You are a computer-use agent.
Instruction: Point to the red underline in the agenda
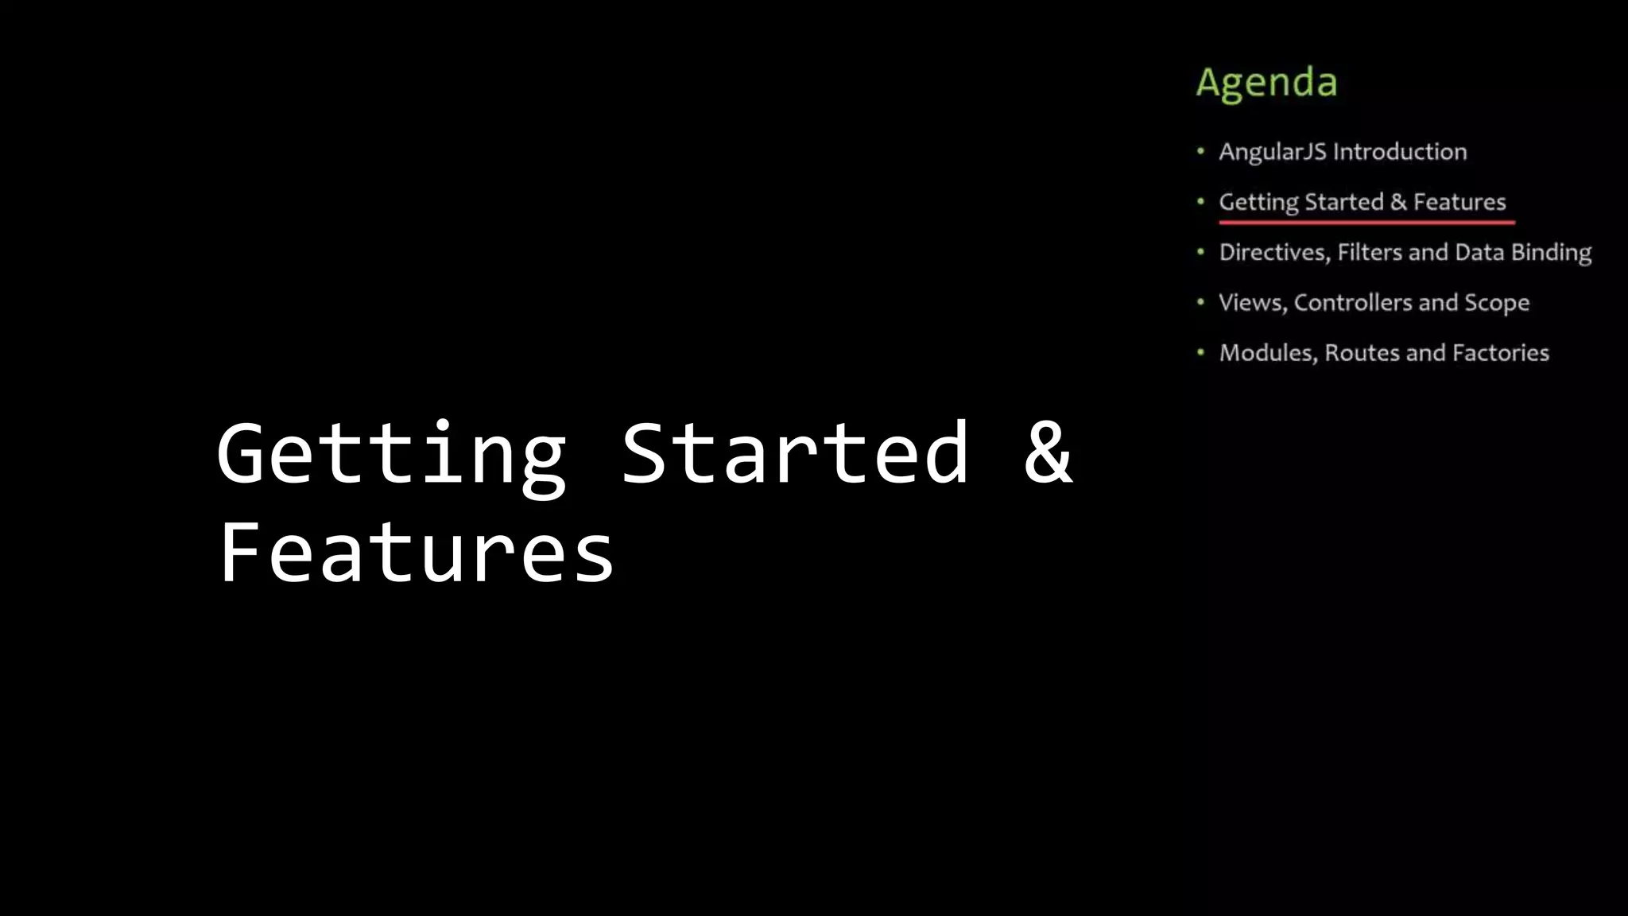click(1366, 223)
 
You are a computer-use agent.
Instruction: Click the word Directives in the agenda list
click(1274, 253)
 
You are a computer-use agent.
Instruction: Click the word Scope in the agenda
click(1497, 304)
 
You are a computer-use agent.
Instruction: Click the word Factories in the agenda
click(1500, 353)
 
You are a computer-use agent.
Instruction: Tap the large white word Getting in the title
click(391, 455)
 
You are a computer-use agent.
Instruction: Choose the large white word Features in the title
click(416, 553)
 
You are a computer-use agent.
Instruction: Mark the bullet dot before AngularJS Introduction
click(1200, 151)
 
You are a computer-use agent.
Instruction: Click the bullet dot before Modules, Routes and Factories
click(1200, 352)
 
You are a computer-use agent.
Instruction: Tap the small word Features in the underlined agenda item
click(1459, 202)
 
